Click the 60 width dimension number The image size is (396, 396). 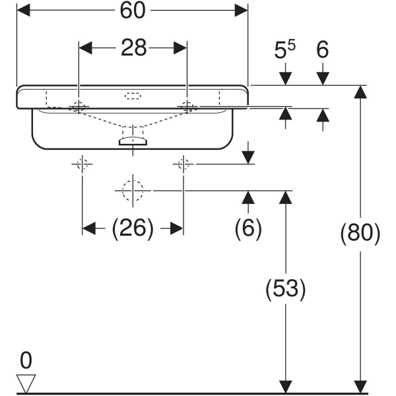[x=131, y=11]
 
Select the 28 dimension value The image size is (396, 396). [x=133, y=49]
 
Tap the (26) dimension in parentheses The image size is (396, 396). [x=133, y=229]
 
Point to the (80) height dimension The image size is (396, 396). [x=360, y=234]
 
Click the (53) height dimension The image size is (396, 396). [x=285, y=288]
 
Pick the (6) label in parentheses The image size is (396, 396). [x=248, y=228]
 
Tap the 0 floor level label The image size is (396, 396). [x=26, y=360]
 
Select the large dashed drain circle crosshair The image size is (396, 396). [x=133, y=190]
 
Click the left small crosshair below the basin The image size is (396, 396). [x=82, y=164]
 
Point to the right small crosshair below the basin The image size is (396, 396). [x=183, y=164]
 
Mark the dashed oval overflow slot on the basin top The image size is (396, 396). [x=133, y=96]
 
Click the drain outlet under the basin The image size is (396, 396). [x=133, y=139]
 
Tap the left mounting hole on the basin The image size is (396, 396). [x=79, y=106]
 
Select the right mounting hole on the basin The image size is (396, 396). [x=187, y=106]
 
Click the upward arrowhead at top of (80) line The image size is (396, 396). [x=360, y=92]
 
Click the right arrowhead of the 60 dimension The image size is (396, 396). [x=242, y=11]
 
